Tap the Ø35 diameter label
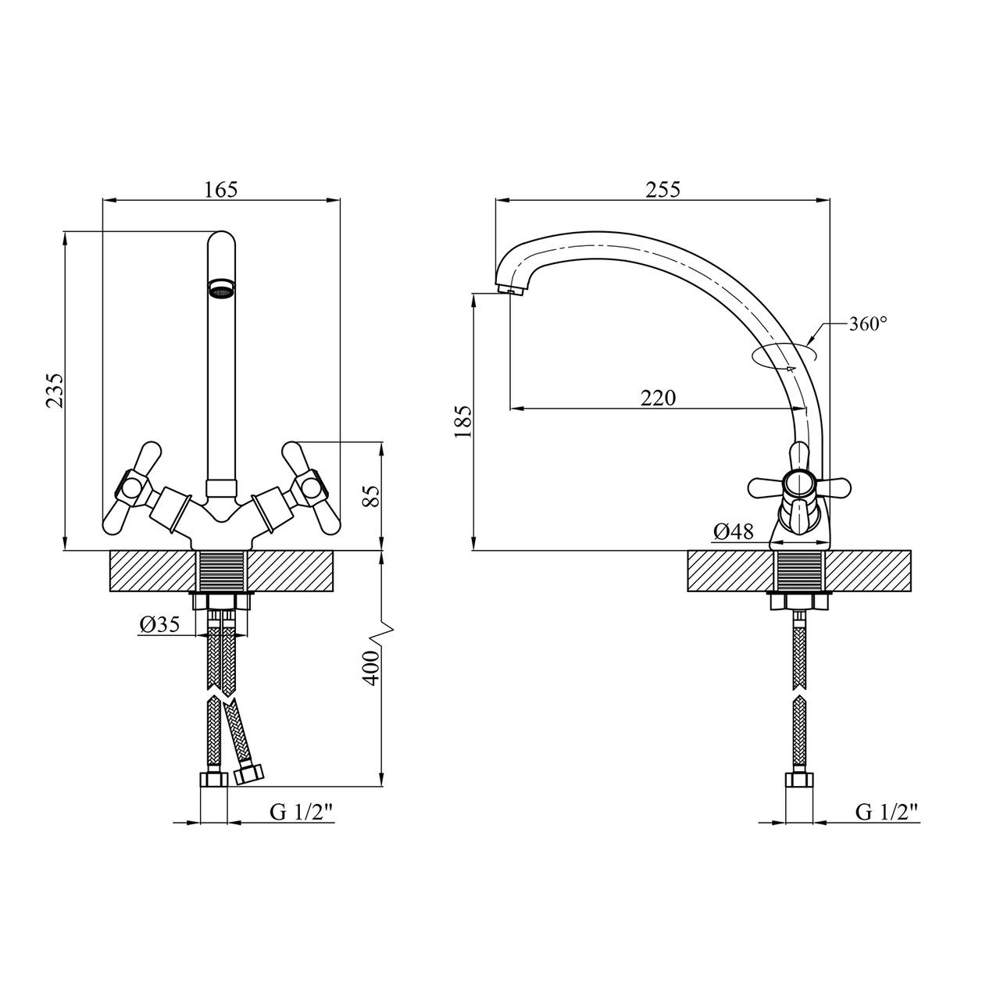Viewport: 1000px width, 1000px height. pos(159,624)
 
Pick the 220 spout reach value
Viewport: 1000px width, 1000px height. pos(658,398)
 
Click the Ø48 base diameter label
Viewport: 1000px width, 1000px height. pos(733,532)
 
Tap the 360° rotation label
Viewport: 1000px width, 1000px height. pos(869,324)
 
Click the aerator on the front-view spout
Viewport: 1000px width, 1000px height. pos(221,290)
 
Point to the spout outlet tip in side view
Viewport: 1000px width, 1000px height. pos(512,291)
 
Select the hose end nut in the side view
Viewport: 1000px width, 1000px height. pos(798,782)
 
